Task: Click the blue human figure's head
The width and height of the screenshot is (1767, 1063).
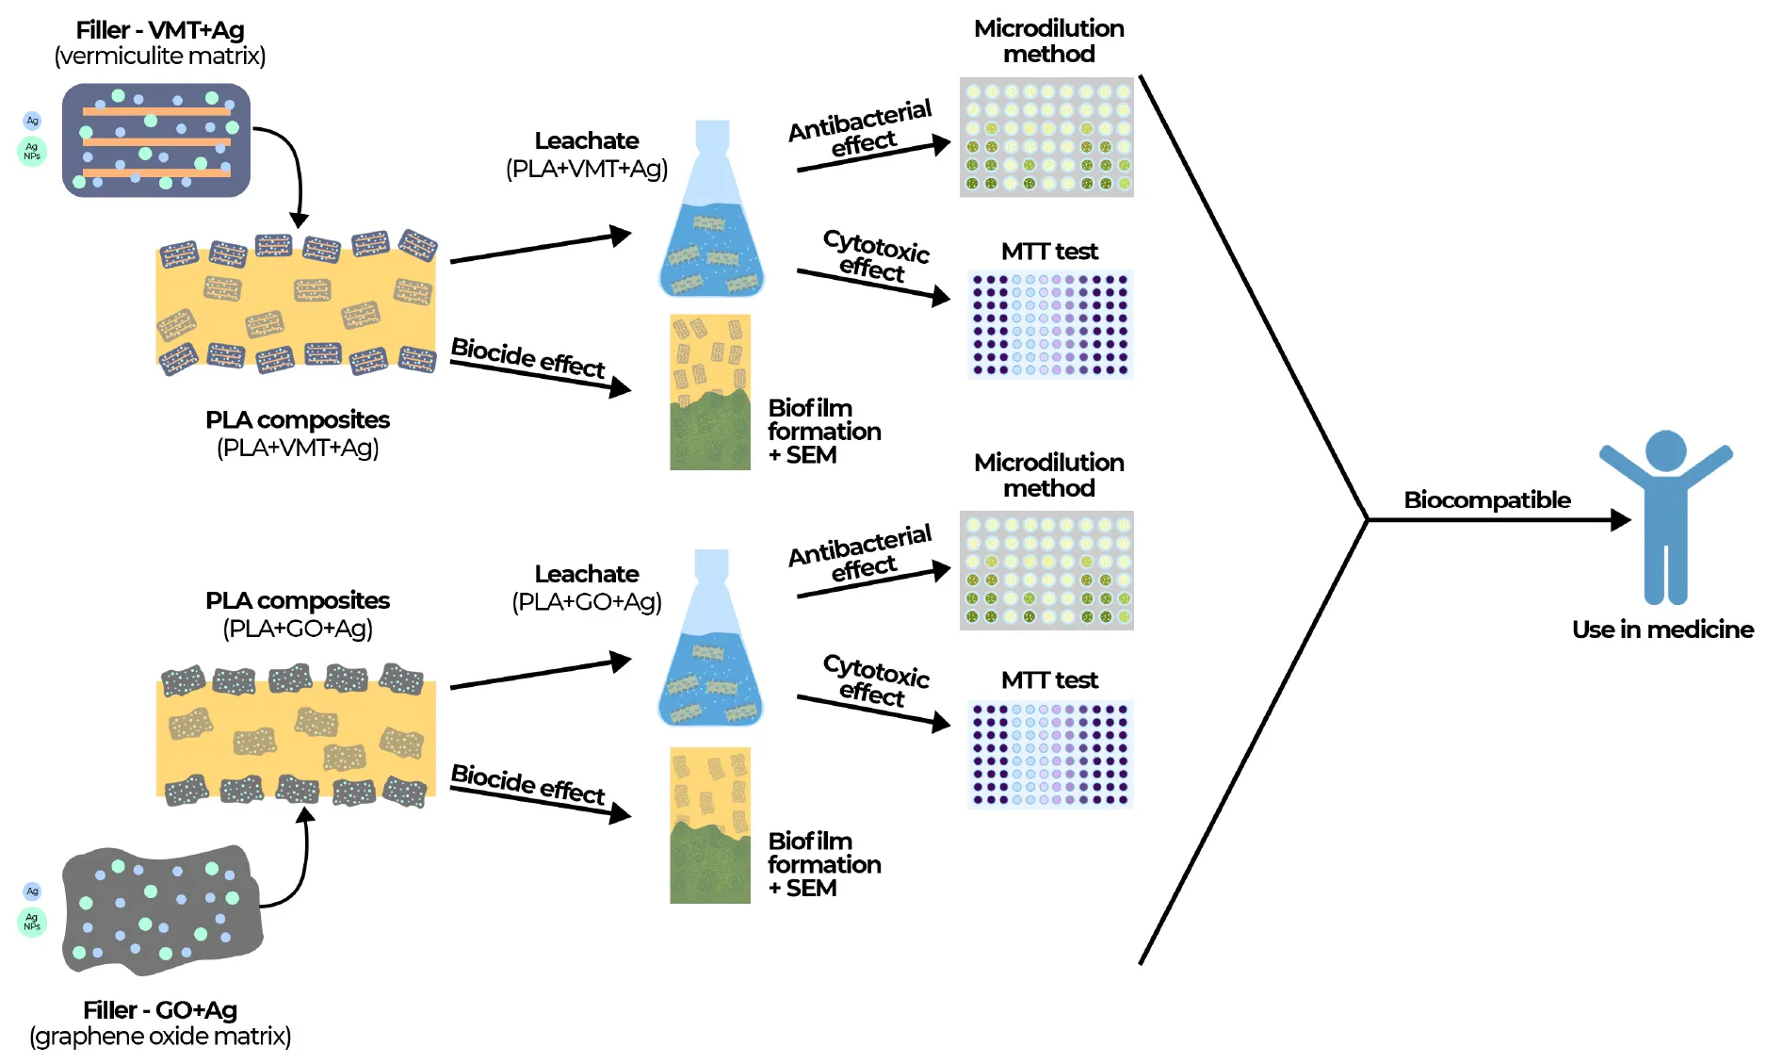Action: pyautogui.click(x=1665, y=451)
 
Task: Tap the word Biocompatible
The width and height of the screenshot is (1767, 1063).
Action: pyautogui.click(x=1486, y=499)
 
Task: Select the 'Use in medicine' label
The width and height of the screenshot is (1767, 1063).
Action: pyautogui.click(x=1662, y=630)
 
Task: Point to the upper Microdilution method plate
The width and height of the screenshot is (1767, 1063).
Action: pyautogui.click(x=1046, y=138)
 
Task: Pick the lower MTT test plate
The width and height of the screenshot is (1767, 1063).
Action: pyautogui.click(x=1050, y=754)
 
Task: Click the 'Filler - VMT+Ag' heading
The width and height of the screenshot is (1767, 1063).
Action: pyautogui.click(x=160, y=30)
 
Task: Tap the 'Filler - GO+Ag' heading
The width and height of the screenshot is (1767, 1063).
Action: pyautogui.click(x=160, y=1010)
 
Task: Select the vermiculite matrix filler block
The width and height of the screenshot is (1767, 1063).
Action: pyautogui.click(x=156, y=139)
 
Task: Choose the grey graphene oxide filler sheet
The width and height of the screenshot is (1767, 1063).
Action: pyautogui.click(x=160, y=910)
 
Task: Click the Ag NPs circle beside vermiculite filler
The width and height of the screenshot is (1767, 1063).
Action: pyautogui.click(x=32, y=151)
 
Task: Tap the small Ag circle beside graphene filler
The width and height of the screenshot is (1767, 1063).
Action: pyautogui.click(x=32, y=891)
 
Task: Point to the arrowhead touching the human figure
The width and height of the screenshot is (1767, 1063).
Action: pyautogui.click(x=1620, y=519)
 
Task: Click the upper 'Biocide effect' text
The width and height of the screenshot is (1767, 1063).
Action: pyautogui.click(x=527, y=358)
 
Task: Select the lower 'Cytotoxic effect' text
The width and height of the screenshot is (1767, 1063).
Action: pyautogui.click(x=875, y=680)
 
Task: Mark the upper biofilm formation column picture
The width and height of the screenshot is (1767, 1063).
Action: pyautogui.click(x=710, y=392)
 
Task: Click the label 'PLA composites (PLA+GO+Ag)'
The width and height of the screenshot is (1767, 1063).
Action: pyautogui.click(x=298, y=614)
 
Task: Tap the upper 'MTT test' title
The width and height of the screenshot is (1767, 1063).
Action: pyautogui.click(x=1049, y=252)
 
